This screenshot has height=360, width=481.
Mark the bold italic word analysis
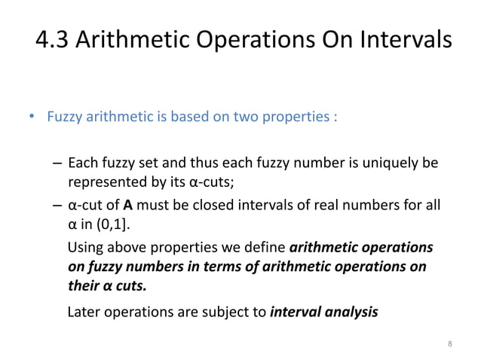351,311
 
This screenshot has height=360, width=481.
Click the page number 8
449,344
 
